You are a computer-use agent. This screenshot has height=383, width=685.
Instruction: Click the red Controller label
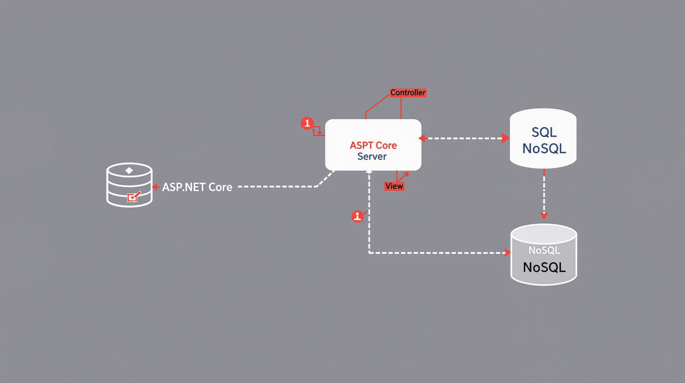point(408,93)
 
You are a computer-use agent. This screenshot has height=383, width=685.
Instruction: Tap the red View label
point(394,186)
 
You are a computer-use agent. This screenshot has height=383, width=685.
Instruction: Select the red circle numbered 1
point(307,123)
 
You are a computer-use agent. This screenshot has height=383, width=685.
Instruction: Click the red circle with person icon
point(357,216)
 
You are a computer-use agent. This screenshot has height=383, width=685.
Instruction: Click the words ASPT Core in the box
point(373,145)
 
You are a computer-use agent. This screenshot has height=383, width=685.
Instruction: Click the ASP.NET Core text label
point(197,187)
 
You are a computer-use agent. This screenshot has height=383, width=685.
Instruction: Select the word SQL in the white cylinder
point(544,132)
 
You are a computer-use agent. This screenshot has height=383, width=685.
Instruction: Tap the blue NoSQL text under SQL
point(544,149)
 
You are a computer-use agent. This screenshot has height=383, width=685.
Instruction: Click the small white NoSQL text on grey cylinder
point(544,250)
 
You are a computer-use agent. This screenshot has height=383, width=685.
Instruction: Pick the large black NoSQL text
point(544,267)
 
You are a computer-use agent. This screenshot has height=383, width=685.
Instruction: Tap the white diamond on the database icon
point(129,171)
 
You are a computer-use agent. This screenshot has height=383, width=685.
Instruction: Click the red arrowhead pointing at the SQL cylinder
point(505,138)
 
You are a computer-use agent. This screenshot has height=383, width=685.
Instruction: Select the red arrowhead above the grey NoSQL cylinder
point(544,216)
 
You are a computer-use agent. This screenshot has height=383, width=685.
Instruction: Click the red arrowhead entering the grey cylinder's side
point(508,253)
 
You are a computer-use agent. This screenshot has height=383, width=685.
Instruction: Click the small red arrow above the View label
point(406,174)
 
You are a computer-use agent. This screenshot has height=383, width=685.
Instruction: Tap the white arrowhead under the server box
point(369,172)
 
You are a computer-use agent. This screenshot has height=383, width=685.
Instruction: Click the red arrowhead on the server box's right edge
point(421,138)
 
